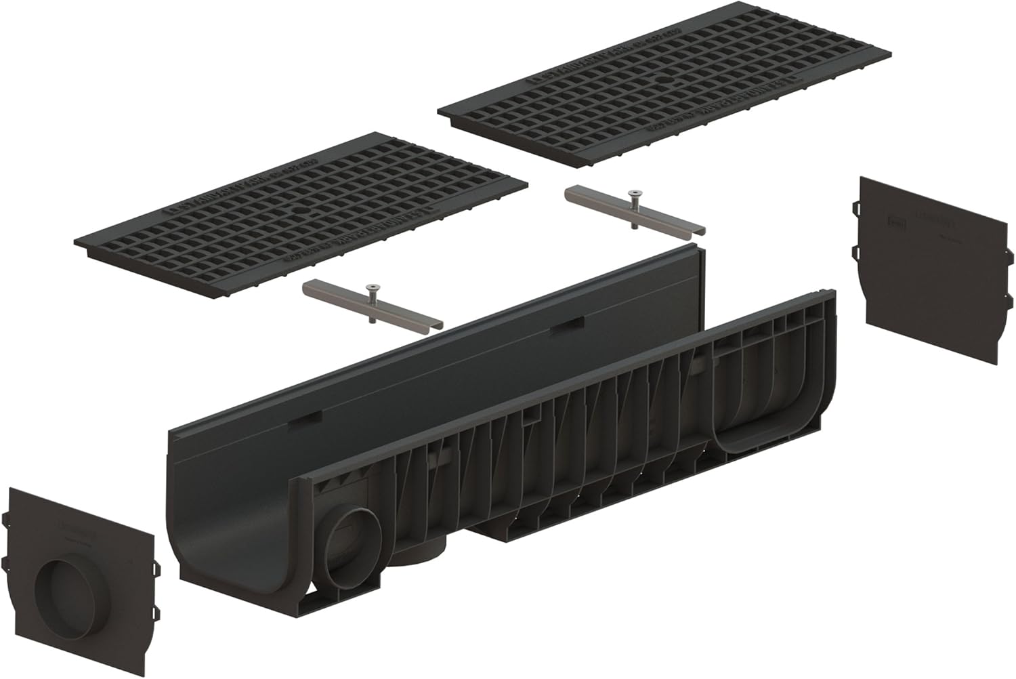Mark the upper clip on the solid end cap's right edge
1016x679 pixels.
pos(1009,255)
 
